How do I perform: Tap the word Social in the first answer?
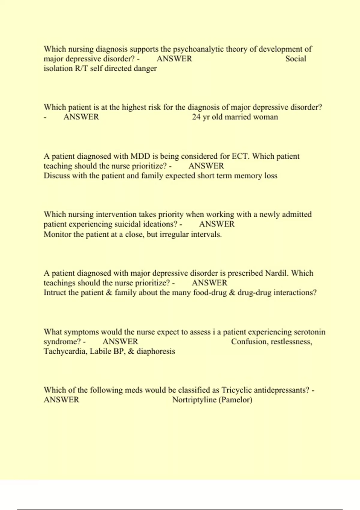[295, 58]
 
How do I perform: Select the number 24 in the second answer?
[196, 117]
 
